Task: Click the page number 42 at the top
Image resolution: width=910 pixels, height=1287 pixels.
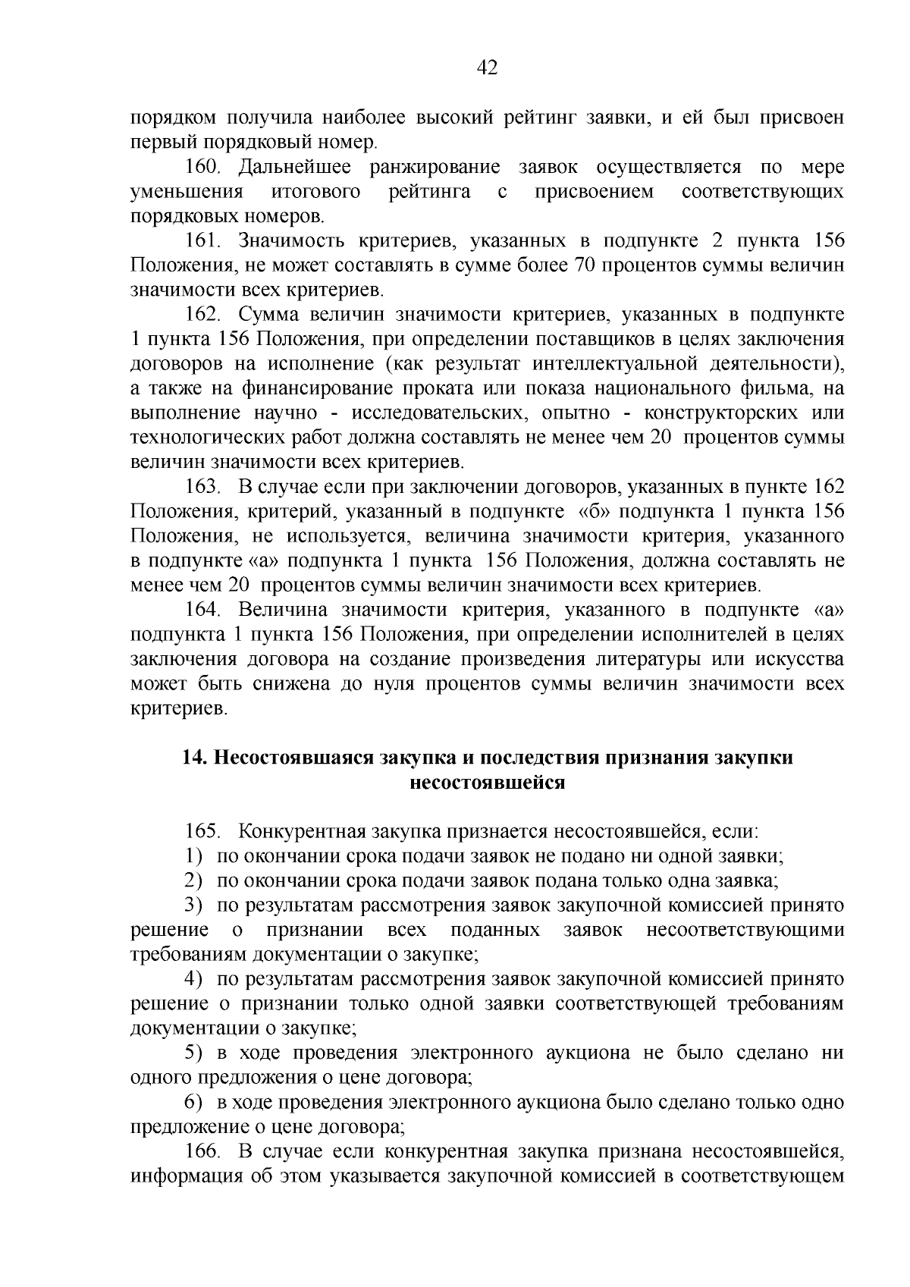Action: coord(487,68)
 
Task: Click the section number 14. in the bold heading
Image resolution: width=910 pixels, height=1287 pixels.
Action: coord(196,758)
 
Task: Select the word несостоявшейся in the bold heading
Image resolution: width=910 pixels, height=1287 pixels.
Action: coord(487,782)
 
